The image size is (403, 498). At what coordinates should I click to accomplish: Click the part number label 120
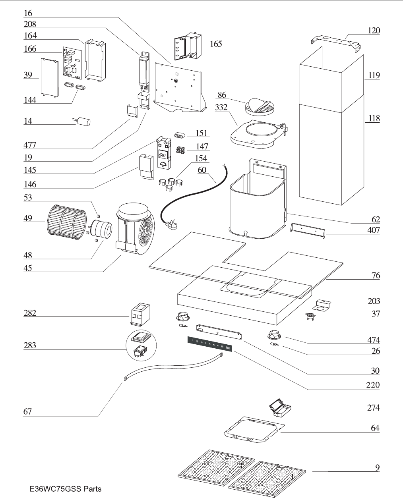(374, 31)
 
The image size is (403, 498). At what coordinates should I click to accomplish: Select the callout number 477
(30, 145)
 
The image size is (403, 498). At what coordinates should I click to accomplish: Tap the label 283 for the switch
(30, 345)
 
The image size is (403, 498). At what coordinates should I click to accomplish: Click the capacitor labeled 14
(83, 120)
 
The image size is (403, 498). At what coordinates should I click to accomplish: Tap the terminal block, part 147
(182, 151)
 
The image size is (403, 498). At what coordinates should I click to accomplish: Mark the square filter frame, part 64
(254, 431)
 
